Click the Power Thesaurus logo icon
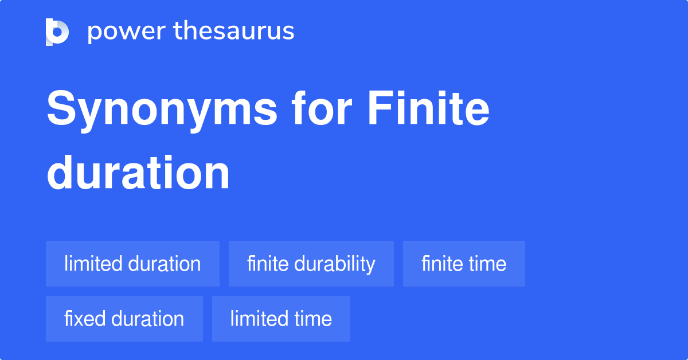(x=57, y=32)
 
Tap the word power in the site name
(x=127, y=32)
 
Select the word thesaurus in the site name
(x=234, y=30)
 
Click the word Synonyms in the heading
(x=162, y=111)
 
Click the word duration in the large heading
(x=138, y=173)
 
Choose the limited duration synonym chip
(x=132, y=264)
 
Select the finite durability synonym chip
(x=311, y=264)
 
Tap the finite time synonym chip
(x=464, y=264)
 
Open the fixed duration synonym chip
(x=124, y=319)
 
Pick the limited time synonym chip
(x=281, y=319)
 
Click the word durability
(x=335, y=264)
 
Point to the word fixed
(x=85, y=318)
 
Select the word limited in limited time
(x=259, y=318)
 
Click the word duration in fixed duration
(x=147, y=318)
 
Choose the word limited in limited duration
(x=93, y=264)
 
